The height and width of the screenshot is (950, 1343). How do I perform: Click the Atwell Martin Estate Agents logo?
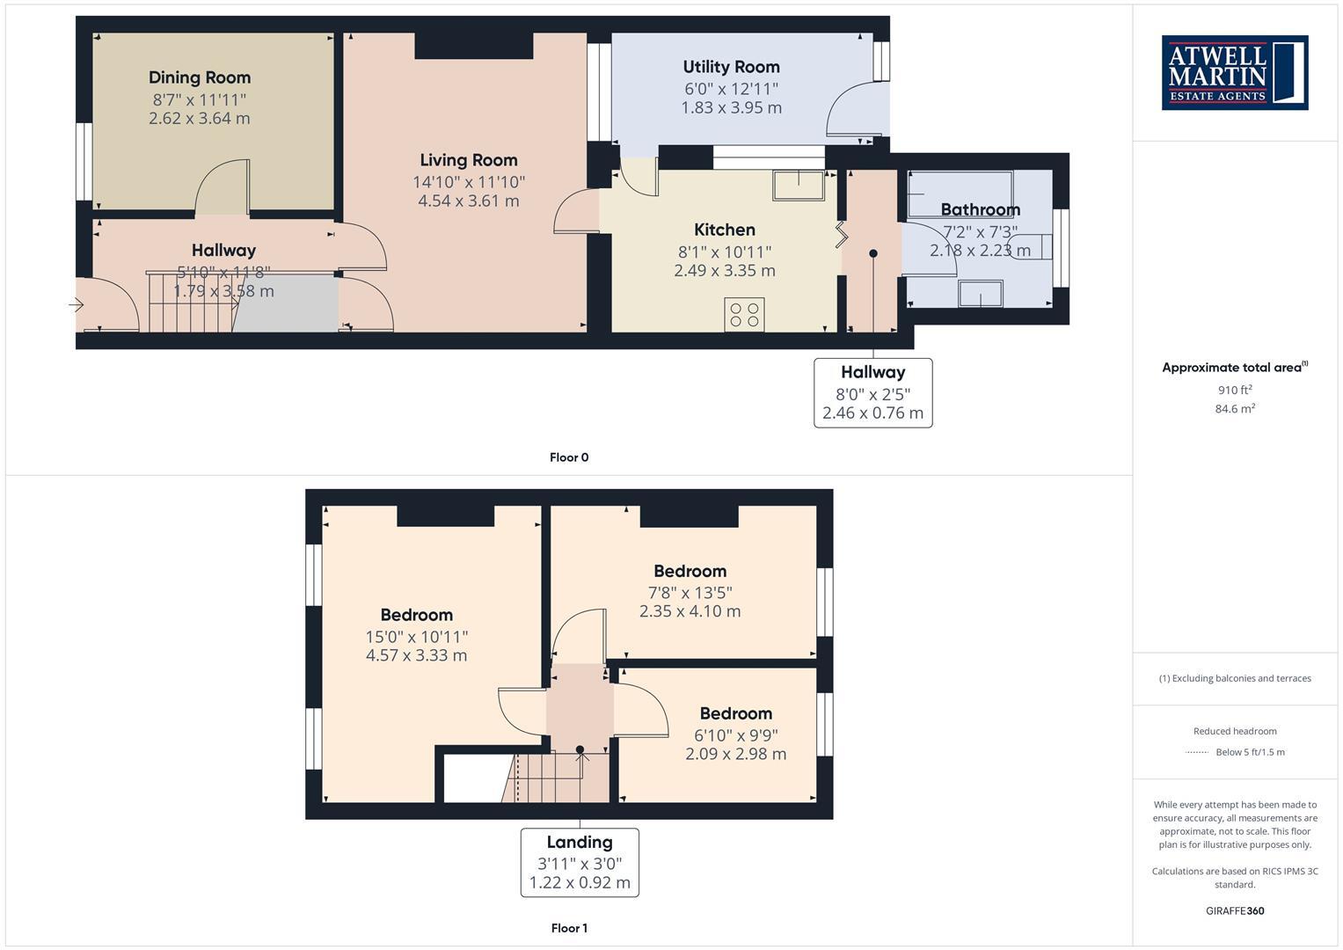[x=1234, y=72]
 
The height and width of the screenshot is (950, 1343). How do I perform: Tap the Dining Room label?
[x=200, y=77]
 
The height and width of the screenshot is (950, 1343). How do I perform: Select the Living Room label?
[x=468, y=160]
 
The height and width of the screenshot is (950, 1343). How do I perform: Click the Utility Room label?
[x=731, y=67]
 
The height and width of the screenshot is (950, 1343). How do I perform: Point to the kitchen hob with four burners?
[x=744, y=315]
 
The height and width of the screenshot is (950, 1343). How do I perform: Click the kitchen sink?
[x=799, y=185]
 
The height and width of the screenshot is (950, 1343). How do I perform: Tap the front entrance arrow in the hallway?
[x=76, y=305]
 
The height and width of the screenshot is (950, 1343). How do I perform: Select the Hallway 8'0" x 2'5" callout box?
[x=872, y=393]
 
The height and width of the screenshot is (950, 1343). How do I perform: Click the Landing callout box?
[x=580, y=862]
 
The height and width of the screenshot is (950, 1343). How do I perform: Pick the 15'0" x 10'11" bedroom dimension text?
[x=416, y=637]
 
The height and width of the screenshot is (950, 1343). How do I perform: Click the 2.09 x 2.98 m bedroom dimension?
[x=735, y=754]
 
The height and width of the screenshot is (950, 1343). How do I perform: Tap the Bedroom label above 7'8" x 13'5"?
[x=690, y=572]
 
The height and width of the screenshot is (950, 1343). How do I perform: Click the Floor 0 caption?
[x=569, y=457]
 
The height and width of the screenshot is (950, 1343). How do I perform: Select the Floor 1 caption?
[x=569, y=928]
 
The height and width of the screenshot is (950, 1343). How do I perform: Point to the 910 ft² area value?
[x=1235, y=390]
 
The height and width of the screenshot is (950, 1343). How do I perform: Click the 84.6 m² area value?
[x=1235, y=408]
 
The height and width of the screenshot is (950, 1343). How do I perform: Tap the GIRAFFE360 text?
[x=1235, y=910]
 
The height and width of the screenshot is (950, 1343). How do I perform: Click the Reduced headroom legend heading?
[x=1235, y=731]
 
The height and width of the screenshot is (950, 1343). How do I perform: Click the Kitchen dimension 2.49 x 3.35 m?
[x=725, y=270]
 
